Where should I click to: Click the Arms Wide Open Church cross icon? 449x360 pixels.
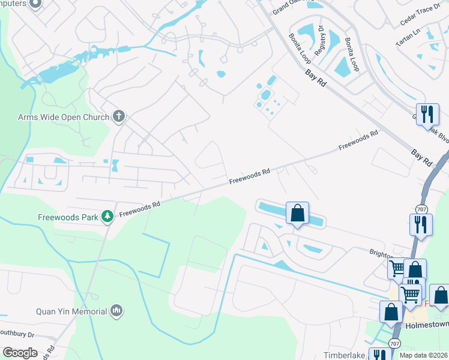pyautogui.click(x=119, y=116)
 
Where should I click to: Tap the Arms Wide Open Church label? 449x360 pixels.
pyautogui.click(x=63, y=117)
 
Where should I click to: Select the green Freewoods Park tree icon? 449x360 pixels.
pyautogui.click(x=107, y=216)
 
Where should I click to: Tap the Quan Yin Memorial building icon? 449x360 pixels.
pyautogui.click(x=116, y=311)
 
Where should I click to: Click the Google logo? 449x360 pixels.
pyautogui.click(x=20, y=353)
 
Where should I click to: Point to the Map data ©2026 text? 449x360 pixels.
pyautogui.click(x=423, y=355)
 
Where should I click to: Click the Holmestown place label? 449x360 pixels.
pyautogui.click(x=427, y=325)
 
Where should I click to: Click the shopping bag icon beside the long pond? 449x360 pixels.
pyautogui.click(x=297, y=212)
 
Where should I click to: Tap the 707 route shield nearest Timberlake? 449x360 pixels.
pyautogui.click(x=394, y=343)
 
